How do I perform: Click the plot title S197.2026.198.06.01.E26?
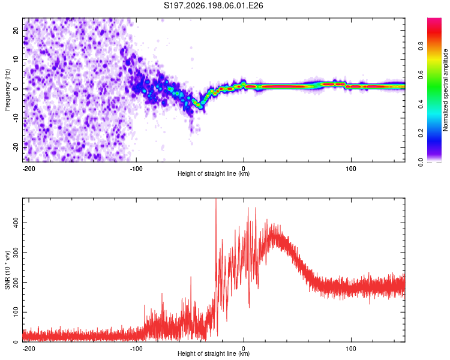[x=213, y=5]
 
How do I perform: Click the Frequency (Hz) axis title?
[x=7, y=90]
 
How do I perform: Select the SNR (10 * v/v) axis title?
[x=7, y=270]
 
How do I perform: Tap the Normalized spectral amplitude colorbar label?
[x=445, y=90]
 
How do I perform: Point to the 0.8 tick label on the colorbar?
[x=421, y=46]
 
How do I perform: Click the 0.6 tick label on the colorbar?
[x=421, y=75]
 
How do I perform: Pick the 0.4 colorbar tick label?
[x=421, y=104]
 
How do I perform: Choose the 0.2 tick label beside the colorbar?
[x=421, y=133]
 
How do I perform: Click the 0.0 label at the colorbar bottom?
[x=421, y=163]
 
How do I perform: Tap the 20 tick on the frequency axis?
[x=16, y=31]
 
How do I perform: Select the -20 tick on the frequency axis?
[x=16, y=147]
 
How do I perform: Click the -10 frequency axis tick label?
[x=16, y=118]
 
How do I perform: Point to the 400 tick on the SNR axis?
[x=16, y=223]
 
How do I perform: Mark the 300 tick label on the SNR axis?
[x=16, y=253]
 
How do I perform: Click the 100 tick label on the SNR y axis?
[x=16, y=312]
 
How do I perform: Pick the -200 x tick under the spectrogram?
[x=29, y=169]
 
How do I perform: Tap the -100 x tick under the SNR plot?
[x=136, y=349]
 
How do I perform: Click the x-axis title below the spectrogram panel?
[x=214, y=173]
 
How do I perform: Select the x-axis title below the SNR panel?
[x=214, y=353]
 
